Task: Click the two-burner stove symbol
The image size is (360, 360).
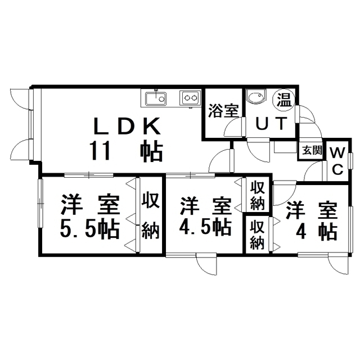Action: pos(190,98)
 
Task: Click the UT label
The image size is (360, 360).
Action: pos(271,124)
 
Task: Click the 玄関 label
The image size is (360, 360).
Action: pos(312,150)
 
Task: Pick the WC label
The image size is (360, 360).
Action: pos(337,161)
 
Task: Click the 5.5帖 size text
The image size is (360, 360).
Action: pos(89,228)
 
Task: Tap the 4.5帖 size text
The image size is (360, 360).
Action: pos(205,227)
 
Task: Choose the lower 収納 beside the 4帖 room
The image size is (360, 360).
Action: pos(258,234)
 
